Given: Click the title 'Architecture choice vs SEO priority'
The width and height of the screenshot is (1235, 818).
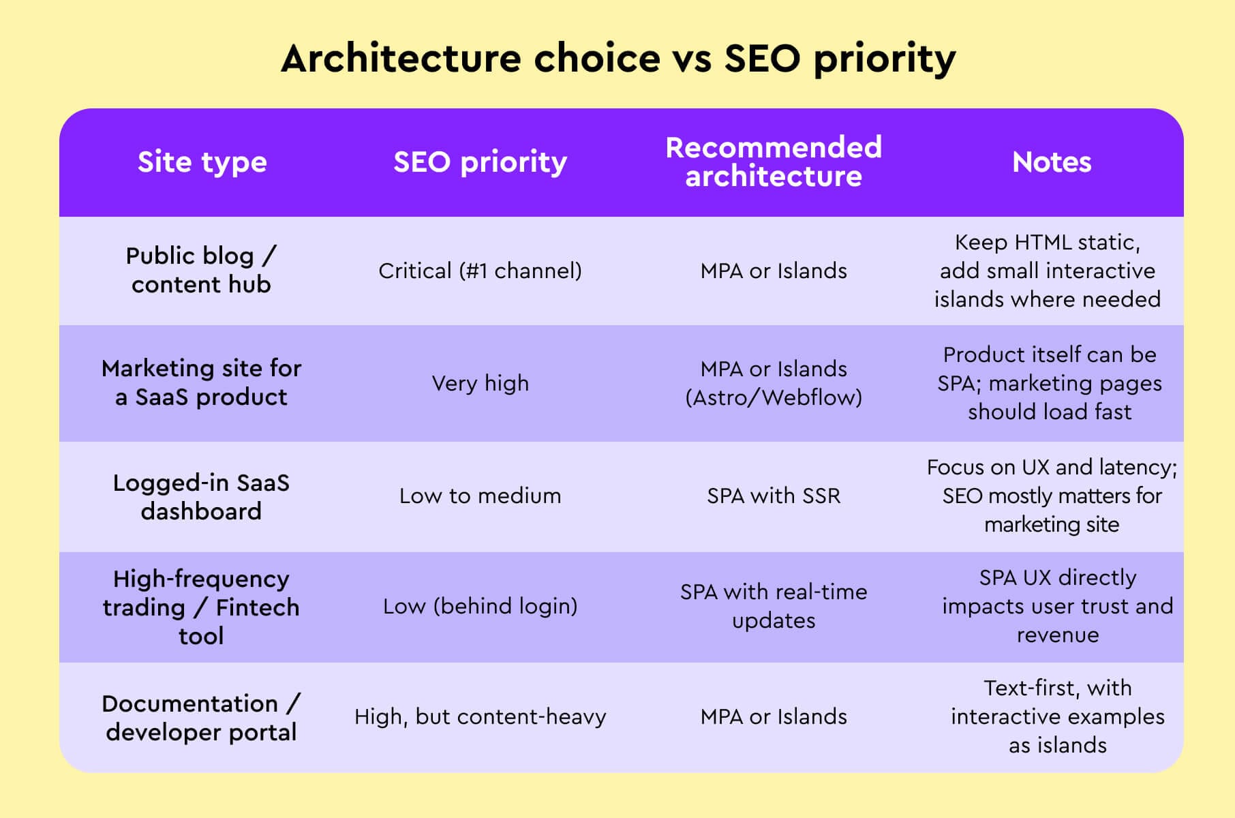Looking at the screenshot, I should (x=617, y=59).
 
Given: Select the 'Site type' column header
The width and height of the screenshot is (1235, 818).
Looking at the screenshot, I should (x=202, y=162).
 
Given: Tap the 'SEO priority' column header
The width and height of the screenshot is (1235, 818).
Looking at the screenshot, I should (x=480, y=162).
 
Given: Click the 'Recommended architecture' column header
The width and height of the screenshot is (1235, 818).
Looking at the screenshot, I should (x=774, y=162).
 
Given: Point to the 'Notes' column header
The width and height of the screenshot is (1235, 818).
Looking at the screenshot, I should (x=1052, y=162).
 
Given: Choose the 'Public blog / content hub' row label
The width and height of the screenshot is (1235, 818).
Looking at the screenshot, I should (x=201, y=270).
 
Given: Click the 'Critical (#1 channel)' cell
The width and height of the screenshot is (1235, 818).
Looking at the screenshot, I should (x=480, y=271).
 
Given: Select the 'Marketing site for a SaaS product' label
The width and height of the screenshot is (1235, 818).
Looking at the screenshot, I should (x=201, y=382).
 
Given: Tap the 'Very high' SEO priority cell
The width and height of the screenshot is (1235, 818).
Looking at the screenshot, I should (x=480, y=383).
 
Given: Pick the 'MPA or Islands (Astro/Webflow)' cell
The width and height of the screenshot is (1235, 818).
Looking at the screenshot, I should (x=774, y=383).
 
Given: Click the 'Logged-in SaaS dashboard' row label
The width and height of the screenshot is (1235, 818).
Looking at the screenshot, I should (x=201, y=496).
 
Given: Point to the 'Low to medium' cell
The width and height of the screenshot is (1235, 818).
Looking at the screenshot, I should (x=480, y=496).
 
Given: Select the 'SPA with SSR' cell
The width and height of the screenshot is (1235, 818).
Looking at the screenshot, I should (x=774, y=496).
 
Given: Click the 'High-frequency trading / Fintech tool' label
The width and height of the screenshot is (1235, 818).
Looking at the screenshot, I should (x=201, y=607).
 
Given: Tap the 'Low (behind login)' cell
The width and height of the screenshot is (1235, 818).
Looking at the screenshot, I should (x=480, y=606).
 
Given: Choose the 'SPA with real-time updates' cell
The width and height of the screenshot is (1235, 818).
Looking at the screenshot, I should (x=774, y=606).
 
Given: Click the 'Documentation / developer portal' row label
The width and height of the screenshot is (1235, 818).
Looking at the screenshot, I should (x=201, y=717).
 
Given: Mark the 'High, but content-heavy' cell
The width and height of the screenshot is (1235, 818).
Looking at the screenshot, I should (x=480, y=716).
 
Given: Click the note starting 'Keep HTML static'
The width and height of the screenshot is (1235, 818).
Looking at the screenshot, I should (x=1048, y=271).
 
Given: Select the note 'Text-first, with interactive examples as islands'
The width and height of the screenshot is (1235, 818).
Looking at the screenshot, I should (x=1057, y=716).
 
